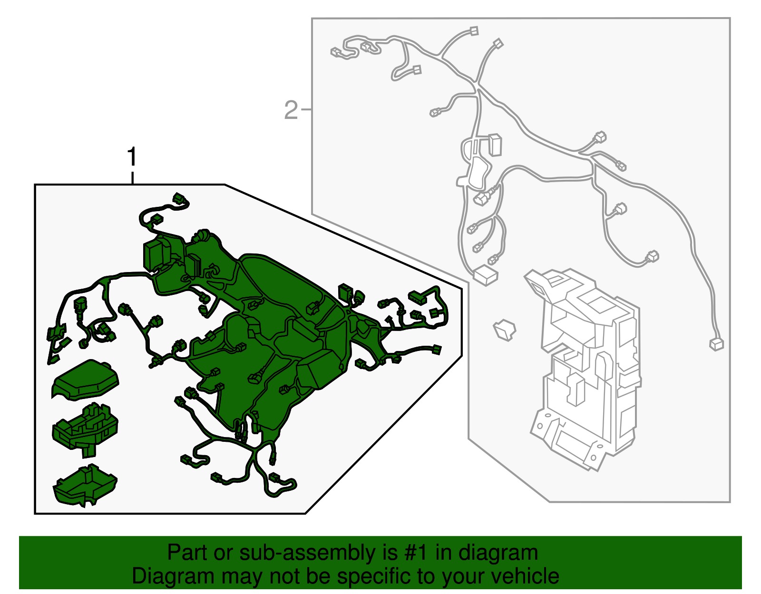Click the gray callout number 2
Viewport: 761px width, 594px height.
pyautogui.click(x=291, y=110)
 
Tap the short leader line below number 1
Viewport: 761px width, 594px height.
pyautogui.click(x=132, y=178)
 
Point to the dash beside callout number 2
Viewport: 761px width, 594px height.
pyautogui.click(x=306, y=109)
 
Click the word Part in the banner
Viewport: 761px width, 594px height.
pyautogui.click(x=183, y=552)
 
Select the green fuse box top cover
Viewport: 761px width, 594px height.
pyautogui.click(x=85, y=380)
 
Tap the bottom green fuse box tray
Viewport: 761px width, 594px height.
pyautogui.click(x=85, y=485)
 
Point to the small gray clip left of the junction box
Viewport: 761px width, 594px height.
pyautogui.click(x=504, y=330)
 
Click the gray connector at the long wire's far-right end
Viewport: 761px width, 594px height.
pyautogui.click(x=716, y=344)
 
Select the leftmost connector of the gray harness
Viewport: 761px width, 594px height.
pyautogui.click(x=336, y=52)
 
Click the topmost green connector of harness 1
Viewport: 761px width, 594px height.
pyautogui.click(x=180, y=198)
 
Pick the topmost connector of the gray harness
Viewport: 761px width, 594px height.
pyautogui.click(x=474, y=31)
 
